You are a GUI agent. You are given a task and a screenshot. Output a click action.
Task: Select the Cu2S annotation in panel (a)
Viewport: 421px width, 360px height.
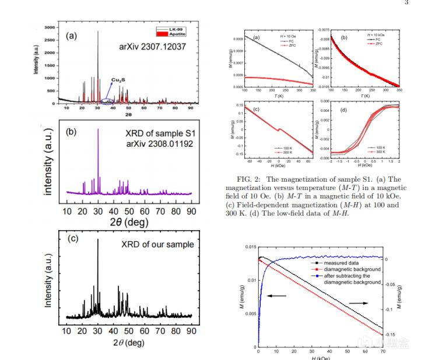[120, 79]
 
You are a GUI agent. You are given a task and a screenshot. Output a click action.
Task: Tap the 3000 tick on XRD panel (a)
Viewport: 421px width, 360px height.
[49, 27]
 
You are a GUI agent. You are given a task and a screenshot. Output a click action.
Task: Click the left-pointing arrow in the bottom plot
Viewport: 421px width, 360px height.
[276, 296]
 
